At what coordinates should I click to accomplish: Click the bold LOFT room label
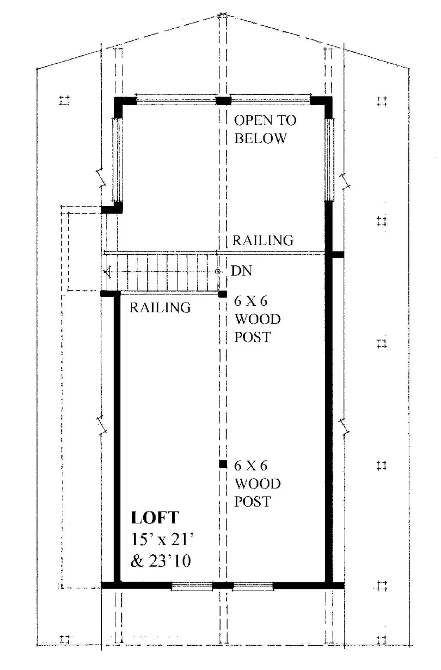[155, 518]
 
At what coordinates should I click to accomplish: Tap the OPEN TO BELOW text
[265, 129]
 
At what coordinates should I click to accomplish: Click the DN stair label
[241, 271]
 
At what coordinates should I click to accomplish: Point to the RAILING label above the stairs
[263, 240]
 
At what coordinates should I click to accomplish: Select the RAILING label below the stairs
[160, 307]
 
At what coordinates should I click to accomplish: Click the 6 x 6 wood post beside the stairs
[223, 294]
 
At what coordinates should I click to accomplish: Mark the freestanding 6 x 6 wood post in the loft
[223, 464]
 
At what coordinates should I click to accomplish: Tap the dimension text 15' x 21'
[162, 540]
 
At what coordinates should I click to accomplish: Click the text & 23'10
[161, 561]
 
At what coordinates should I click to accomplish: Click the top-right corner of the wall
[332, 97]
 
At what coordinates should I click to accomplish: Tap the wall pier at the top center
[223, 100]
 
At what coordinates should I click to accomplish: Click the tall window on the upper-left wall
[118, 160]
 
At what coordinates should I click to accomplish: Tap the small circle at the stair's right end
[218, 271]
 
